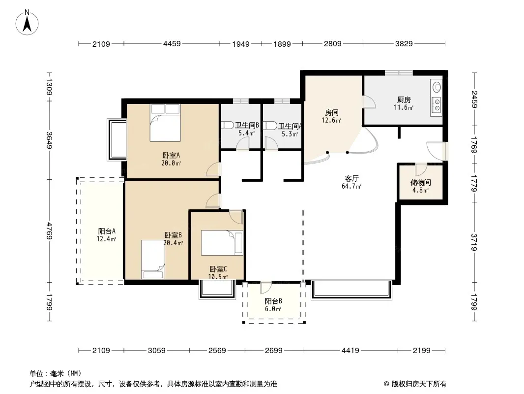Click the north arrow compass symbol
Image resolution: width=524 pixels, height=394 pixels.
pos(27,23)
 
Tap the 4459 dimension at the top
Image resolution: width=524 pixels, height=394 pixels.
pos(172,43)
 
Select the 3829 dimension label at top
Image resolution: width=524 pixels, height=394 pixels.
pos(404,43)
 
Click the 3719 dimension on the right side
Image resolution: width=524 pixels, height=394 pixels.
pos(474,242)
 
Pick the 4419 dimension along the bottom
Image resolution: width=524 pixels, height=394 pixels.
pos(350,351)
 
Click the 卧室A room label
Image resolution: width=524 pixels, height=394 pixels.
pos(171,155)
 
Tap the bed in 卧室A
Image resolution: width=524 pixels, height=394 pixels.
pos(165,123)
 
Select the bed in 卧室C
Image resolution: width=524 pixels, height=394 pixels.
pos(222,243)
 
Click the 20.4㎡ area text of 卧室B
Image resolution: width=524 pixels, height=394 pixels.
pos(173,243)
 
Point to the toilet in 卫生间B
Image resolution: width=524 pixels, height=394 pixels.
pos(228,126)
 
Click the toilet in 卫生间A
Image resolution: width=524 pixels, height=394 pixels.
pos(270,126)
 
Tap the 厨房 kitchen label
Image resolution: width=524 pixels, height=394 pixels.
pos(404,100)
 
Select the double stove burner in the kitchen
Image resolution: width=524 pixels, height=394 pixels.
pos(437,104)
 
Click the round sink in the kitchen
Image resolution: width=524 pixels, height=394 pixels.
pos(437,87)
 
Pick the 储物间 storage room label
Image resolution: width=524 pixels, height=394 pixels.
pos(420,182)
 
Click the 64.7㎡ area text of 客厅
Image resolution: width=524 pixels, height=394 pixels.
pos(351,187)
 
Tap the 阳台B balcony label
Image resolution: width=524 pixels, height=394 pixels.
pos(273,301)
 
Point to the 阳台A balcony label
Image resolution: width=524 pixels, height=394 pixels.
pos(107,231)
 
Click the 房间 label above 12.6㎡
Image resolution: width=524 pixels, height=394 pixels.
pos(331,112)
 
